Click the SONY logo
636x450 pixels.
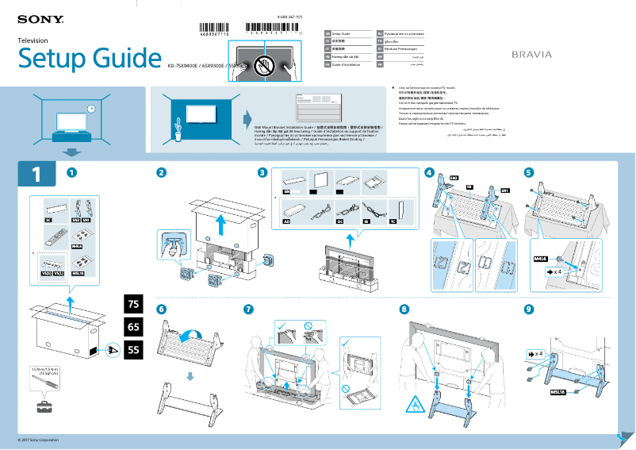pyautogui.click(x=40, y=18)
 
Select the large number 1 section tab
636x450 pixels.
pyautogui.click(x=36, y=174)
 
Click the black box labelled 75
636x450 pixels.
pyautogui.click(x=134, y=303)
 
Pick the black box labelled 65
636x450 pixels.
pyautogui.click(x=134, y=326)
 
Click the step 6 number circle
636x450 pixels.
pyautogui.click(x=161, y=308)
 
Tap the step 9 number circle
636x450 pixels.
pyautogui.click(x=529, y=308)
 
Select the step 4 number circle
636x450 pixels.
pyautogui.click(x=429, y=172)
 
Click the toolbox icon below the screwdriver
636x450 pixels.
pyautogui.click(x=40, y=407)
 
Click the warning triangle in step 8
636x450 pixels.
pyautogui.click(x=415, y=406)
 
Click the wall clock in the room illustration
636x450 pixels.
pyautogui.click(x=91, y=108)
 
